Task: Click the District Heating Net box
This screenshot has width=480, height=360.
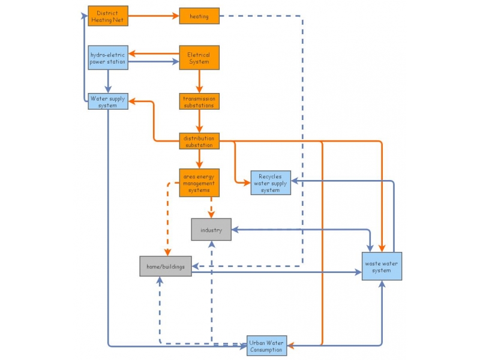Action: point(108,16)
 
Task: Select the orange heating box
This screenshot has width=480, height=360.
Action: point(199,16)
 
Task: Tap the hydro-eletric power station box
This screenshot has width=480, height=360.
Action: point(108,58)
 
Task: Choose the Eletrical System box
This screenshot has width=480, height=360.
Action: point(199,58)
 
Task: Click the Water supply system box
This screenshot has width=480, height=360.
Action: point(108,101)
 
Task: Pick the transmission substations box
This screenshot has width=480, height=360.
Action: point(199,101)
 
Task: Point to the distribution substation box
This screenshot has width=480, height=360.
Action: point(199,141)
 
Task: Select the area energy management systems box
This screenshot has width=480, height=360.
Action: point(199,182)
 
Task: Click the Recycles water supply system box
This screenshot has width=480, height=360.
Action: point(270,182)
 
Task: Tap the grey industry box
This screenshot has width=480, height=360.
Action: point(211,230)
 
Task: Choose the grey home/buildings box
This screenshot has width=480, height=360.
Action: point(166,266)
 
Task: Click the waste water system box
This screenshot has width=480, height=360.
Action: point(382,266)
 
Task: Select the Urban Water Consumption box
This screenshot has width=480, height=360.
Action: point(267,345)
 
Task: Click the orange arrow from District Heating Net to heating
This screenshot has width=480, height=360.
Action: point(154,16)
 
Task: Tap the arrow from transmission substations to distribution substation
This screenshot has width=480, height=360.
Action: point(199,121)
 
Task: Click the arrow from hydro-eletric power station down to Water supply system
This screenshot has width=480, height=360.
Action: point(108,81)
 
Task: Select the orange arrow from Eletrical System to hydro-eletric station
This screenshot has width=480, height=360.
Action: point(154,53)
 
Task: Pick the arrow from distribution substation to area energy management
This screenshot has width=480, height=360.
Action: point(199,158)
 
